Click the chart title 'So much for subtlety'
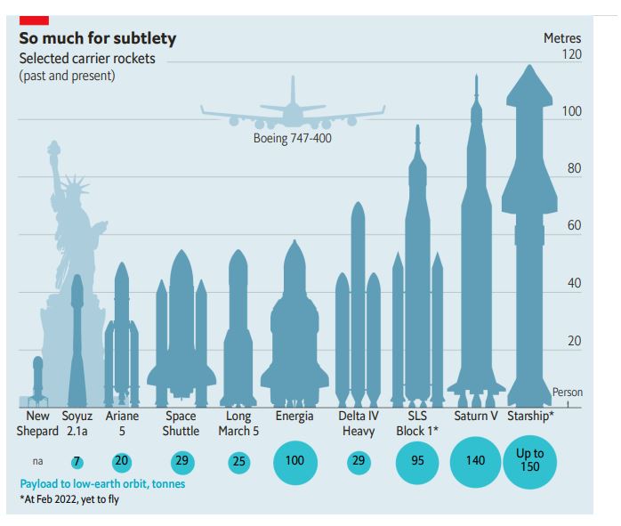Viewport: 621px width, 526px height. (98, 38)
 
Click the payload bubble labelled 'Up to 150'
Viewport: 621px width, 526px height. (529, 460)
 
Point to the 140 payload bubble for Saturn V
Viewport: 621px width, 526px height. (476, 461)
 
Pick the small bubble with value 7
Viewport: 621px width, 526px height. (77, 461)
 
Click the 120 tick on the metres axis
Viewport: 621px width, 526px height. (569, 55)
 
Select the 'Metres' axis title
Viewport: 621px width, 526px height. (561, 38)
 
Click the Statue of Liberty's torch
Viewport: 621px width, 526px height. (53, 147)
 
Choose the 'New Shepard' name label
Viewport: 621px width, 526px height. (37, 424)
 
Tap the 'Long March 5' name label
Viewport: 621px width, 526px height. (238, 424)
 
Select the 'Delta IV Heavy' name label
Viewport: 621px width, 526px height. (359, 424)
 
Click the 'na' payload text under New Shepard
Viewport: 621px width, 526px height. (37, 462)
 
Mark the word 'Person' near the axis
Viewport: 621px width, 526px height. (568, 392)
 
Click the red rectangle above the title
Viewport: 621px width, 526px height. (34, 19)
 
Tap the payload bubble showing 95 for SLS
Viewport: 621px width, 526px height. (417, 461)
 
